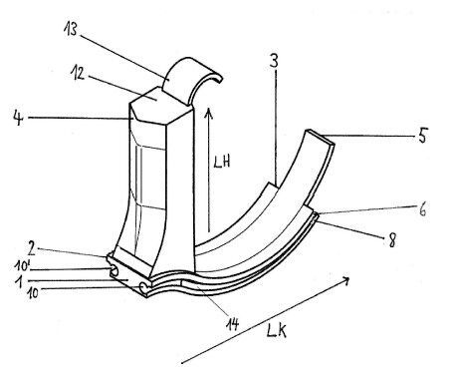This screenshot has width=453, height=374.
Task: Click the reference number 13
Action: coord(71,29)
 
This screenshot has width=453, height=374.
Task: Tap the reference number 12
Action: coord(78,73)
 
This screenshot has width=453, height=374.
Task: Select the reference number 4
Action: coord(18,118)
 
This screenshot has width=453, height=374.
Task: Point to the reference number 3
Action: coord(274,60)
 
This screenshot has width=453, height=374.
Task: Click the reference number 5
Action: coord(422,136)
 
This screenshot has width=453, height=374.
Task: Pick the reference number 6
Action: coord(422,209)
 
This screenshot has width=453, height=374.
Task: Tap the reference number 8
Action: coord(392,240)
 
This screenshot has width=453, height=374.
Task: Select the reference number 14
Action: coord(233,324)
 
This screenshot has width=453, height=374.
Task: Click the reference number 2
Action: coord(32,247)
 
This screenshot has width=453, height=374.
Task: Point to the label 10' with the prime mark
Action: coord(23,266)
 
